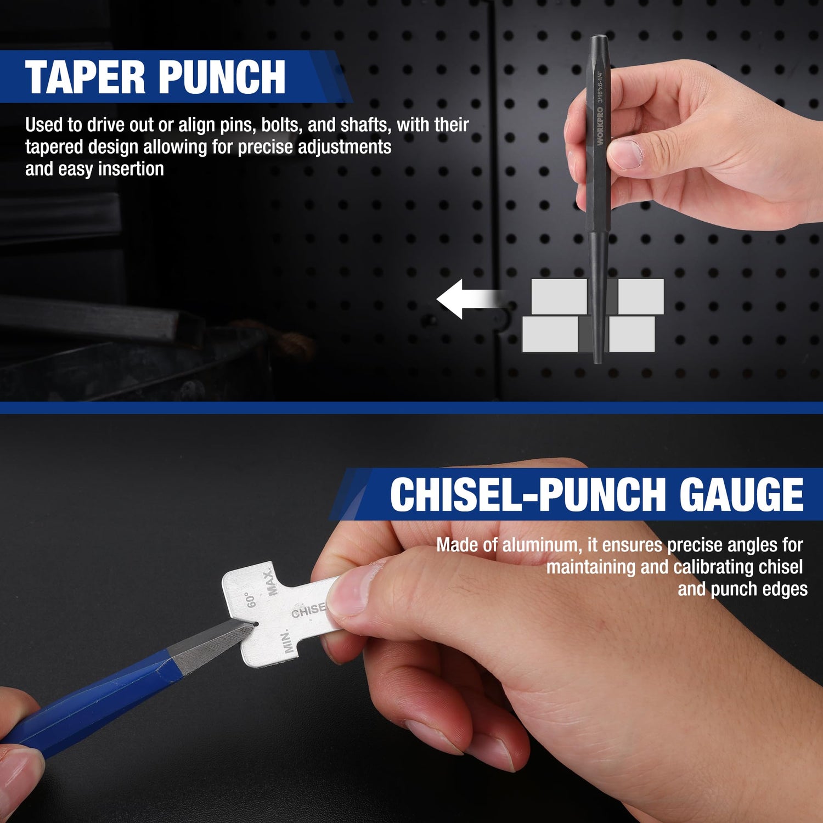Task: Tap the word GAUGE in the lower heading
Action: (742, 494)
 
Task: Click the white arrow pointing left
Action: (469, 299)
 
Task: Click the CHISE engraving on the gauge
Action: (308, 610)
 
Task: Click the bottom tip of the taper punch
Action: (597, 361)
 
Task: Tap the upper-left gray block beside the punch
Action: (559, 297)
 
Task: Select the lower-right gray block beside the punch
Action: (632, 334)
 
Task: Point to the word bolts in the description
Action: (281, 125)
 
